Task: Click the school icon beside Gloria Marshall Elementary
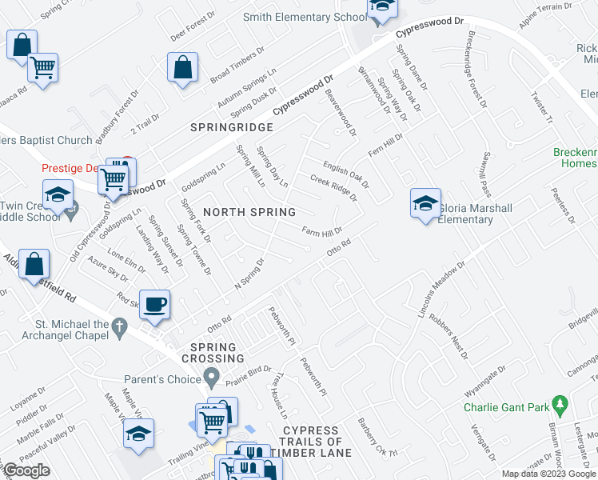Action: point(426,203)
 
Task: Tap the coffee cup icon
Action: point(157,304)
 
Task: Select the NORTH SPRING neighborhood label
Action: point(249,212)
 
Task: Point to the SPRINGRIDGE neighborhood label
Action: point(232,127)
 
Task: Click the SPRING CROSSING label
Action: point(213,353)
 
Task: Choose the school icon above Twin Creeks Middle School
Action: point(58,194)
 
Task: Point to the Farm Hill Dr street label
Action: point(321,232)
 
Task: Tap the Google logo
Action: point(26,470)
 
